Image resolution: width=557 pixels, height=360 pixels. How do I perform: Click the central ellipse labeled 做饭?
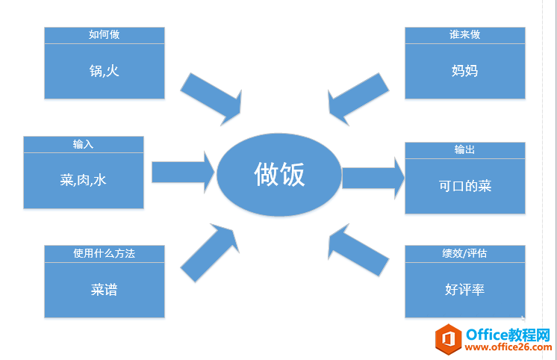tap(279, 176)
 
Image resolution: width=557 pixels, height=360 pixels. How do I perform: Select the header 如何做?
tap(104, 35)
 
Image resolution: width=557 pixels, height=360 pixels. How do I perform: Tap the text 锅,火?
tap(104, 71)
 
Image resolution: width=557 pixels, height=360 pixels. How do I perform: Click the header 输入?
tap(83, 144)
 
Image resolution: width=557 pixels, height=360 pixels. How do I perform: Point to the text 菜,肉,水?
tap(83, 180)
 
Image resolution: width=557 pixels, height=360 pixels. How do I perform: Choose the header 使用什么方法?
tap(104, 253)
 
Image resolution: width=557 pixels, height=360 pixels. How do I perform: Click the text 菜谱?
tap(104, 290)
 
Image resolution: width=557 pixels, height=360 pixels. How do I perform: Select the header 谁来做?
tap(464, 35)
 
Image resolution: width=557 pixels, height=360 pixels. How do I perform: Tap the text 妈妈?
tap(464, 71)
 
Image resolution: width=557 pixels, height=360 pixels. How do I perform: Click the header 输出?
tap(464, 150)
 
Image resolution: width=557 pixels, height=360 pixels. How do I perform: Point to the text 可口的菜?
tap(464, 186)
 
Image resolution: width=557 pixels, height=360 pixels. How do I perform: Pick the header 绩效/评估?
tap(464, 253)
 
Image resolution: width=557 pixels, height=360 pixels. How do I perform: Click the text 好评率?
tap(464, 290)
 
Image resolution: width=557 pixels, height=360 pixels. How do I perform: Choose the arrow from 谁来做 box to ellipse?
tap(356, 97)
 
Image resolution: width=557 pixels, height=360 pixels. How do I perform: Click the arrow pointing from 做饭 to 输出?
tap(373, 178)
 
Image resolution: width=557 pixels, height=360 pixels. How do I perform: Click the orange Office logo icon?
tap(448, 340)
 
